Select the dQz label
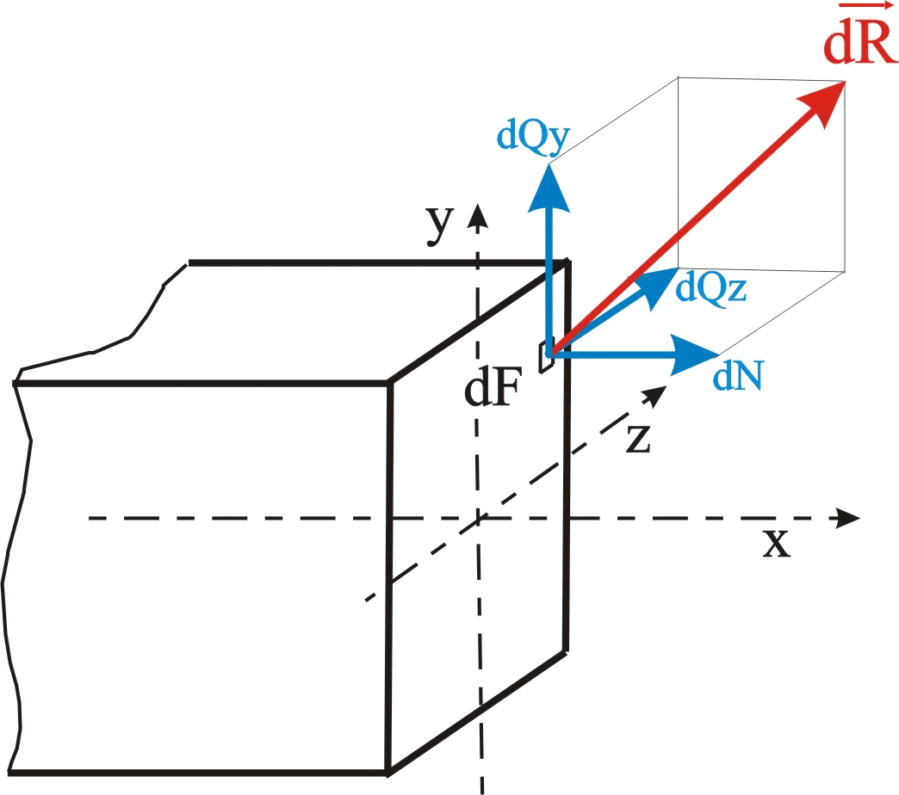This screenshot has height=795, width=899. (x=711, y=287)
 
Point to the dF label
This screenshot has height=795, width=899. (x=492, y=391)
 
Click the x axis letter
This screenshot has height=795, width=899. (x=777, y=544)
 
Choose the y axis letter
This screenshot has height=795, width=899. (x=440, y=225)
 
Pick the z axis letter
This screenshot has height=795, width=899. (x=637, y=440)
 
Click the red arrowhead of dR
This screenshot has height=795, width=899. (x=826, y=95)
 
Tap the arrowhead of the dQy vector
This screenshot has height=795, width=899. (x=549, y=188)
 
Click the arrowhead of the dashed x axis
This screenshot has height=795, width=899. (x=847, y=519)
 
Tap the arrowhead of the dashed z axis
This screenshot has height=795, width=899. (x=655, y=396)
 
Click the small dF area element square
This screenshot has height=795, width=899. (x=546, y=357)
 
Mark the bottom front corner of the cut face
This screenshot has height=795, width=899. (x=387, y=768)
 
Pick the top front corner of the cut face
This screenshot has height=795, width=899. (x=391, y=383)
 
